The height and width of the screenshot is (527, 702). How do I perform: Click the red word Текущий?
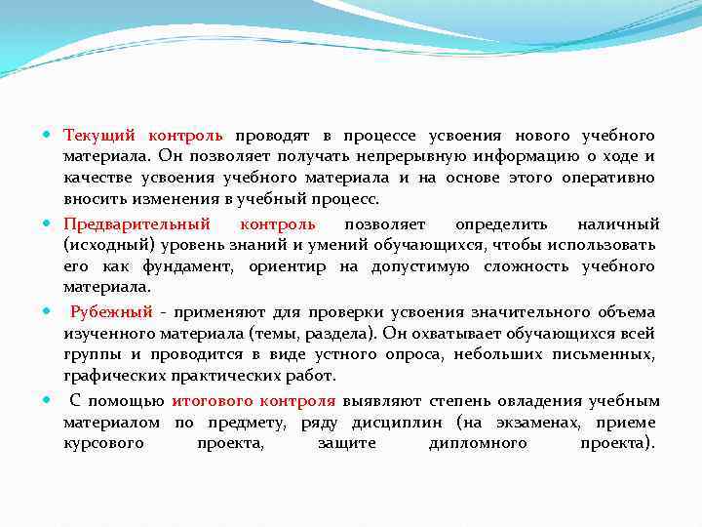click(x=94, y=135)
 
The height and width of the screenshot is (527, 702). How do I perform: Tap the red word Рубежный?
click(x=111, y=312)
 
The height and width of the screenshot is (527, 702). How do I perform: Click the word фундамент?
click(x=187, y=267)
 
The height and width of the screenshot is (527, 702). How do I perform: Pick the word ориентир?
click(x=283, y=267)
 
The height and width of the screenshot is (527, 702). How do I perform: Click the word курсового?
click(x=104, y=444)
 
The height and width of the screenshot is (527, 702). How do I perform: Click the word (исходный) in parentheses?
click(x=105, y=245)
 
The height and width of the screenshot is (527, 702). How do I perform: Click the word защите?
click(x=345, y=444)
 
